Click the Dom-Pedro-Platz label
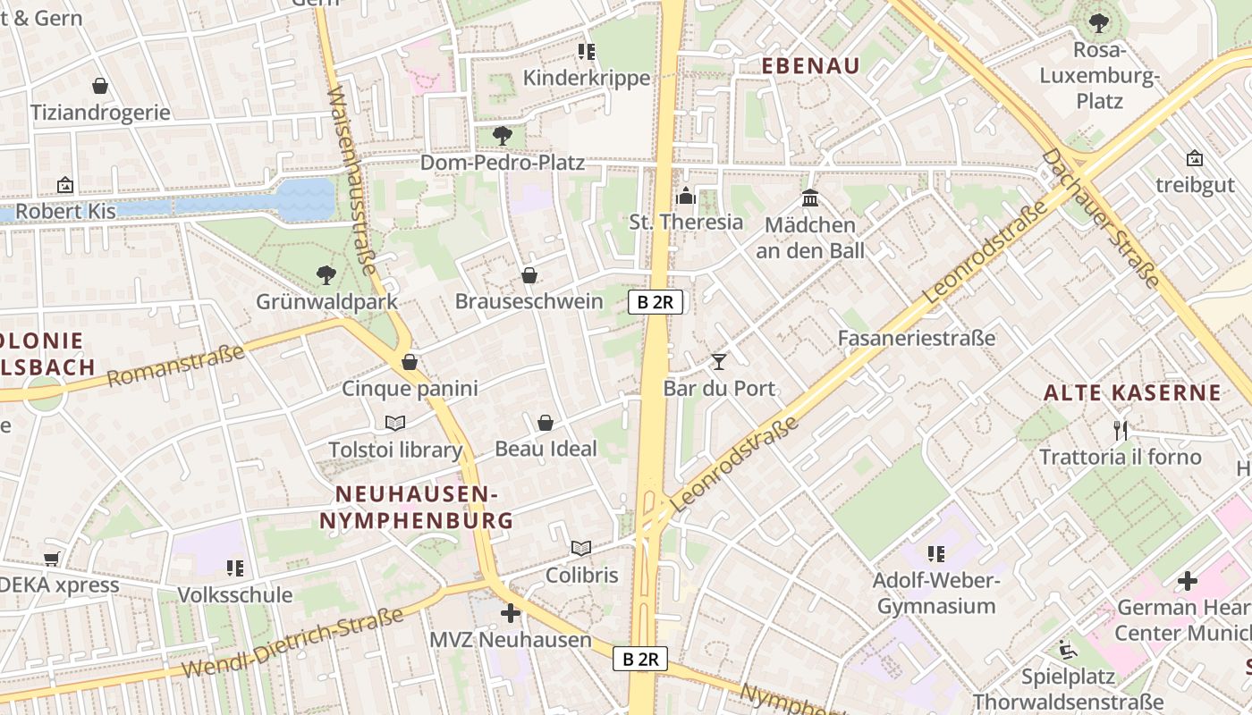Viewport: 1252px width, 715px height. tap(502, 163)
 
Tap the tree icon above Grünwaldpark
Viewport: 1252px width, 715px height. tap(326, 274)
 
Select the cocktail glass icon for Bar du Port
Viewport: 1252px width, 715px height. tap(718, 362)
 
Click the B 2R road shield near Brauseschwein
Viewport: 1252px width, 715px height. tap(656, 302)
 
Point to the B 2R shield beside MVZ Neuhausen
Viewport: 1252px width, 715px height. tap(640, 660)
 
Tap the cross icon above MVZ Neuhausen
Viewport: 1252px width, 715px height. tap(511, 613)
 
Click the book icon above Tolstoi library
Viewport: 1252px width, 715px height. tap(395, 423)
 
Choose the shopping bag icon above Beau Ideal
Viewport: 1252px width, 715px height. tap(546, 423)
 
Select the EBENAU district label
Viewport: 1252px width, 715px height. tap(810, 65)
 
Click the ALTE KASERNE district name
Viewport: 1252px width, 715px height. tap(1132, 392)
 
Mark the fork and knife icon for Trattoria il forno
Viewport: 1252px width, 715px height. tap(1121, 430)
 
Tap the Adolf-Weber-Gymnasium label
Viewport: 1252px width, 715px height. tap(936, 593)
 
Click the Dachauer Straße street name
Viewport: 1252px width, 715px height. tap(1101, 218)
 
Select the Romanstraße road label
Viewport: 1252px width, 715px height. tap(176, 366)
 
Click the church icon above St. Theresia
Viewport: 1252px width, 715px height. tap(686, 196)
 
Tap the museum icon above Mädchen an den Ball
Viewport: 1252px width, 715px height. tap(810, 198)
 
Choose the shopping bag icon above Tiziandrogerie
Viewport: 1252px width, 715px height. tap(100, 86)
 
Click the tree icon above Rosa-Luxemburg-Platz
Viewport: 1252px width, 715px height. tap(1098, 23)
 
